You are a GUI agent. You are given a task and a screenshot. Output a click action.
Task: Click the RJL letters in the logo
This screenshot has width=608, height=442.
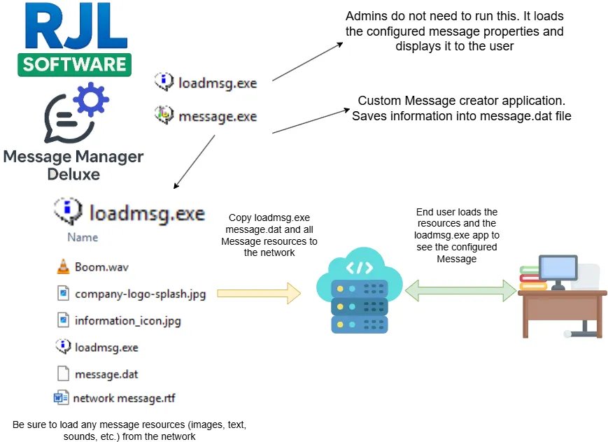73,28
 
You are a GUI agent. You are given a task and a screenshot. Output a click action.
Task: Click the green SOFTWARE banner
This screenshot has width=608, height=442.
74,65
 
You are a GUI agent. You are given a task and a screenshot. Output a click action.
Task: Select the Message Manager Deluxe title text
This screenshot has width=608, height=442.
73,164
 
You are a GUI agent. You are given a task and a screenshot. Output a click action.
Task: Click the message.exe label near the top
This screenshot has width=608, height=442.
218,117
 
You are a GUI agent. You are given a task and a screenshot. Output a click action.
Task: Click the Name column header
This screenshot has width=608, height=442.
83,237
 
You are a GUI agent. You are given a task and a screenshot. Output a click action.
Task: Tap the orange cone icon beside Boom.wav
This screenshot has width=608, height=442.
63,266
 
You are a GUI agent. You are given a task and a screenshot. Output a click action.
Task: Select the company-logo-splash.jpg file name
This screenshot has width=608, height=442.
141,294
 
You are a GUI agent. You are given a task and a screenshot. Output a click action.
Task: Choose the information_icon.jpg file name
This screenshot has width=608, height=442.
128,321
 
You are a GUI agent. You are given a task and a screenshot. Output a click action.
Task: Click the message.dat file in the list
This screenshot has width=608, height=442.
106,374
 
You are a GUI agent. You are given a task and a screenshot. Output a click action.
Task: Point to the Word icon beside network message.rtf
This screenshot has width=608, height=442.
62,399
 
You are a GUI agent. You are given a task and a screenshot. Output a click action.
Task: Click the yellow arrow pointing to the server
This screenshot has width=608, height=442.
258,293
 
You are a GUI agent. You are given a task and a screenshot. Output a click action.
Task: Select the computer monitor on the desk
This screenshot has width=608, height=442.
557,269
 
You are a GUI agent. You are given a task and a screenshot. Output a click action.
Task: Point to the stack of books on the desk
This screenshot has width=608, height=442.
533,279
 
